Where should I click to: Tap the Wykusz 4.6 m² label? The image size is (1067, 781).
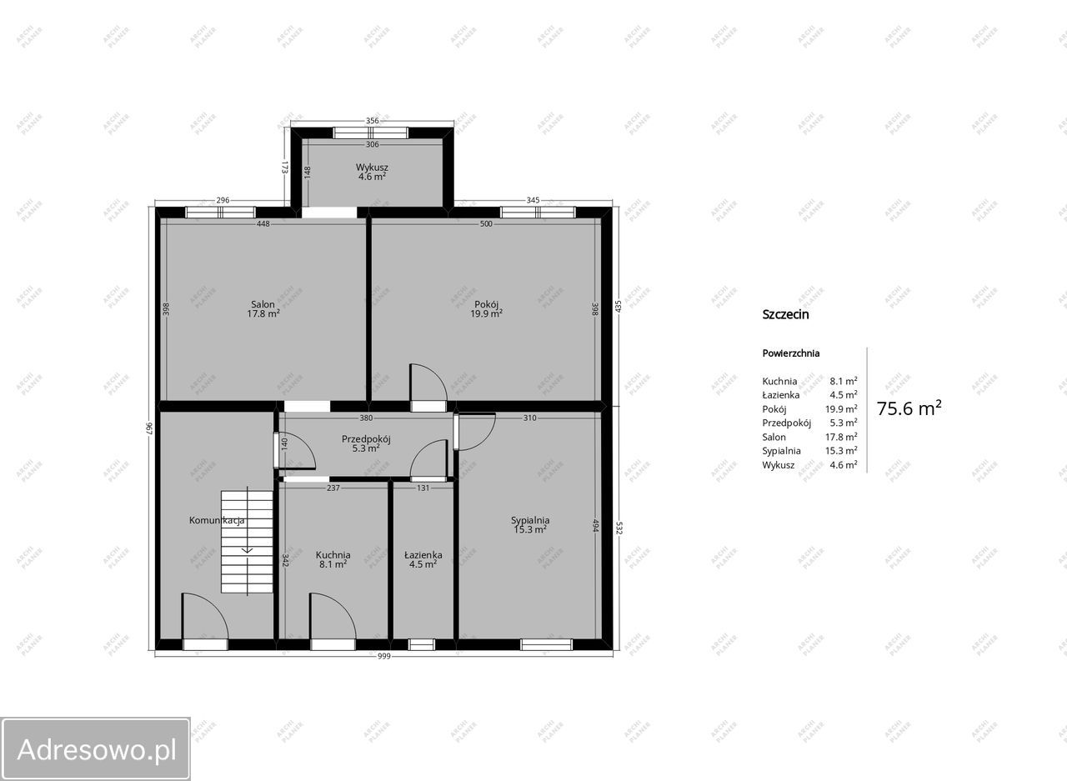[x=372, y=172]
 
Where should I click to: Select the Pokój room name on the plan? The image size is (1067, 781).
[x=486, y=304]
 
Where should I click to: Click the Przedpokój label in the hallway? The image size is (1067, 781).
[x=366, y=439]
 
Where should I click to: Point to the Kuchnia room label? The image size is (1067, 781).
[x=333, y=555]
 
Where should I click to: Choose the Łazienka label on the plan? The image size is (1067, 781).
[x=423, y=555]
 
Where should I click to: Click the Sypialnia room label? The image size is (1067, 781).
[x=530, y=520]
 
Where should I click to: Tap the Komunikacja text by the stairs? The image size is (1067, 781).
[x=217, y=520]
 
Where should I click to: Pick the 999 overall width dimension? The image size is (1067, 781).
[x=384, y=656]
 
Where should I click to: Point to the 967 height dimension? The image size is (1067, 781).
[x=148, y=428]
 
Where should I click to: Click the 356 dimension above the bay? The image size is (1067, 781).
[x=373, y=121]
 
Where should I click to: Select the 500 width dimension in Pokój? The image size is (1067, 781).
[x=486, y=224]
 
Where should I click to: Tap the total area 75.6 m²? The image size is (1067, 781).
[x=909, y=408]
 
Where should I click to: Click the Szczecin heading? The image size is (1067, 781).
[x=785, y=314]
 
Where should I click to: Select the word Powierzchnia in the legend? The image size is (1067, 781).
[x=791, y=353]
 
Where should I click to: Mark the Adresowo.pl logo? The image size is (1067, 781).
[x=95, y=749]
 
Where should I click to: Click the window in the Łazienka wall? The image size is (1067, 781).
[x=422, y=644]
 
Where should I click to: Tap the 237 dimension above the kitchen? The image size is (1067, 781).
[x=333, y=488]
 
